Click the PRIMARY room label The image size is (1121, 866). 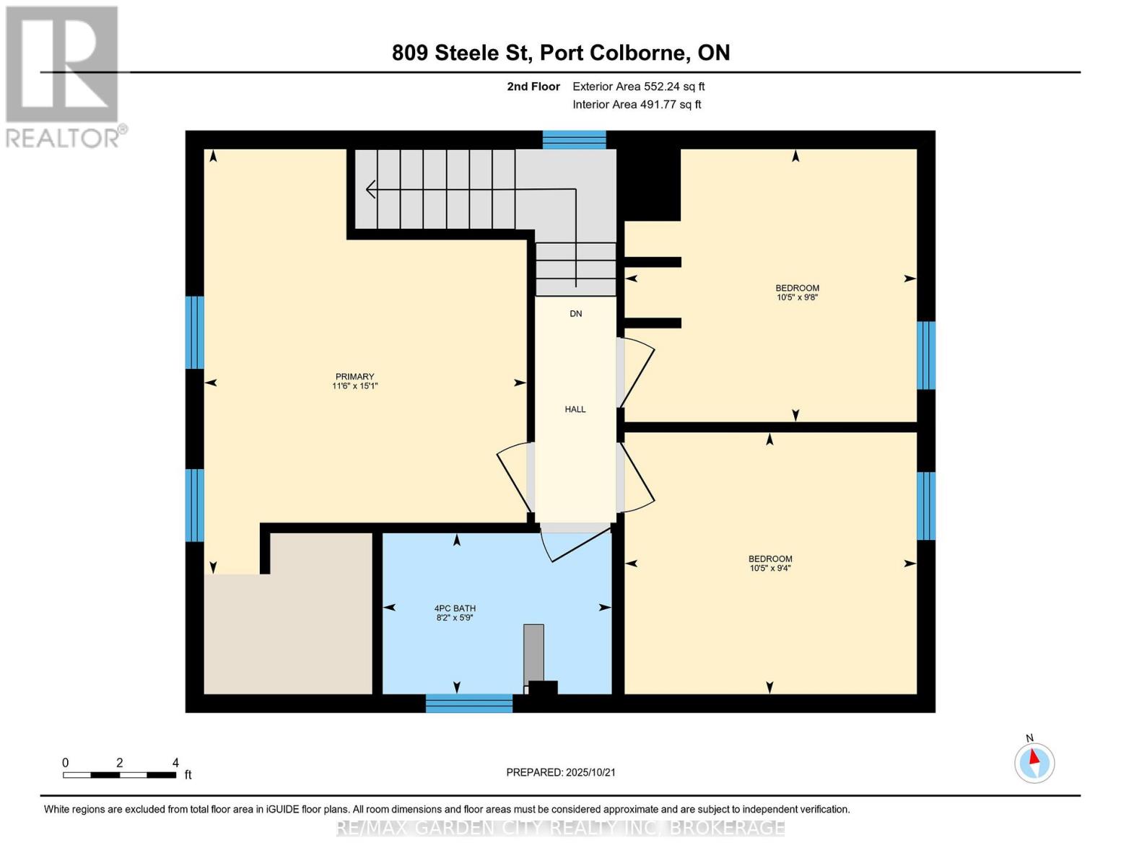[354, 377]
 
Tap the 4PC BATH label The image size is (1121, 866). [455, 608]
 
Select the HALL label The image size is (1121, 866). [575, 409]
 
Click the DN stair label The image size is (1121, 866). [575, 314]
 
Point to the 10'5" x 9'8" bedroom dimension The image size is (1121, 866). [797, 297]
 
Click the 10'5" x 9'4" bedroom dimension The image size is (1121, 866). [770, 568]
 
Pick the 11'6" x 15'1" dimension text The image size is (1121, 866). [354, 386]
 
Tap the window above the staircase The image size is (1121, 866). [574, 140]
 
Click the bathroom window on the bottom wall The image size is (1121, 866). [468, 703]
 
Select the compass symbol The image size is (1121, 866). [1034, 763]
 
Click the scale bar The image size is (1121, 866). [119, 775]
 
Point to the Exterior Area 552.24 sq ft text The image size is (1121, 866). [638, 87]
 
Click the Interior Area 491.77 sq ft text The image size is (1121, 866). [637, 105]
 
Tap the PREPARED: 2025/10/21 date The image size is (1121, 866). [560, 772]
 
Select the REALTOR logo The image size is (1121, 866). [64, 76]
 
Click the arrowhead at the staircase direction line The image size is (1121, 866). [371, 189]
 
